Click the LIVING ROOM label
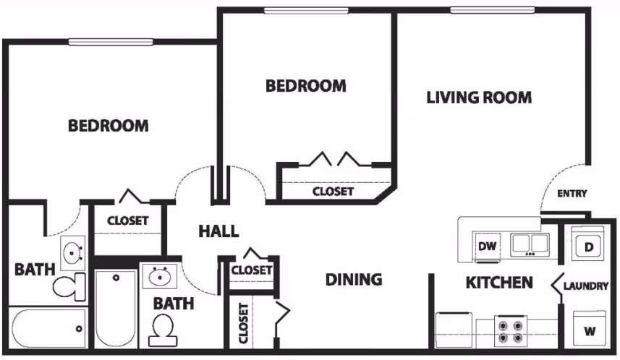pos(479,97)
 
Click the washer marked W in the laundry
pos(590,331)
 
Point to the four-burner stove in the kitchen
pos(510,330)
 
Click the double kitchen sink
pos(531,245)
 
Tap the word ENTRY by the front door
pos(572,193)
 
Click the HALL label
pos(218,231)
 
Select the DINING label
pos(353,279)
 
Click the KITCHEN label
pos(499,282)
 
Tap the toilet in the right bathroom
pos(161,330)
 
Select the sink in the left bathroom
pos(72,253)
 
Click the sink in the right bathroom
pos(160,275)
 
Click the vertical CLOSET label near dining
pos(242,321)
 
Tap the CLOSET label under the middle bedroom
pos(333,192)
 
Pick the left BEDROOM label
pos(109,126)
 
